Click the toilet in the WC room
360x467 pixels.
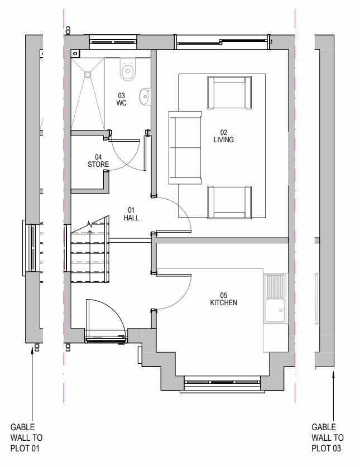point(128,69)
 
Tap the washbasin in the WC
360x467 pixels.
point(145,97)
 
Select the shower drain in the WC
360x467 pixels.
point(88,74)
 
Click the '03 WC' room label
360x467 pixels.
point(121,99)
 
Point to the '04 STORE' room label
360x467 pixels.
point(98,161)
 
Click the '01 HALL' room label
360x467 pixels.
point(131,214)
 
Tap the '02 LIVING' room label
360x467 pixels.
point(223,136)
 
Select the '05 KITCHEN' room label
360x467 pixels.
point(223,299)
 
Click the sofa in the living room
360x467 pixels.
point(185,148)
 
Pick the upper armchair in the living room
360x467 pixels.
point(229,93)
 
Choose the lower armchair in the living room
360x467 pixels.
point(229,202)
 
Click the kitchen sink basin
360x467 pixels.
point(275,311)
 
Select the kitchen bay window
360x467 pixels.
point(222,382)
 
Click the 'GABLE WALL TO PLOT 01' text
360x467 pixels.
point(26,437)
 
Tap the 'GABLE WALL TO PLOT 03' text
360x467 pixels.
point(328,437)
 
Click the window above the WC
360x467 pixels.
point(113,42)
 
